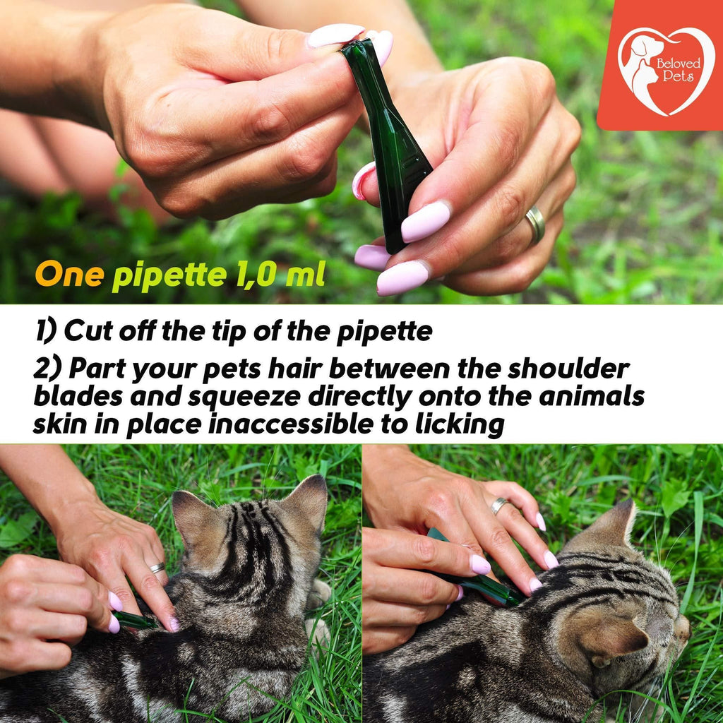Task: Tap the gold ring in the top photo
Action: pos(536,225)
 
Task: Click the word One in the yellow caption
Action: pos(70,275)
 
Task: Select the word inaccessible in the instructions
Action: pos(290,424)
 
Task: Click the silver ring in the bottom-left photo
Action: pos(157,568)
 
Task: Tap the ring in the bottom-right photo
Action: pos(499,506)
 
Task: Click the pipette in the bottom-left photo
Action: pos(135,621)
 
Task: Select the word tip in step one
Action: pos(229,332)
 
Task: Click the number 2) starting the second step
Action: pos(47,369)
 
